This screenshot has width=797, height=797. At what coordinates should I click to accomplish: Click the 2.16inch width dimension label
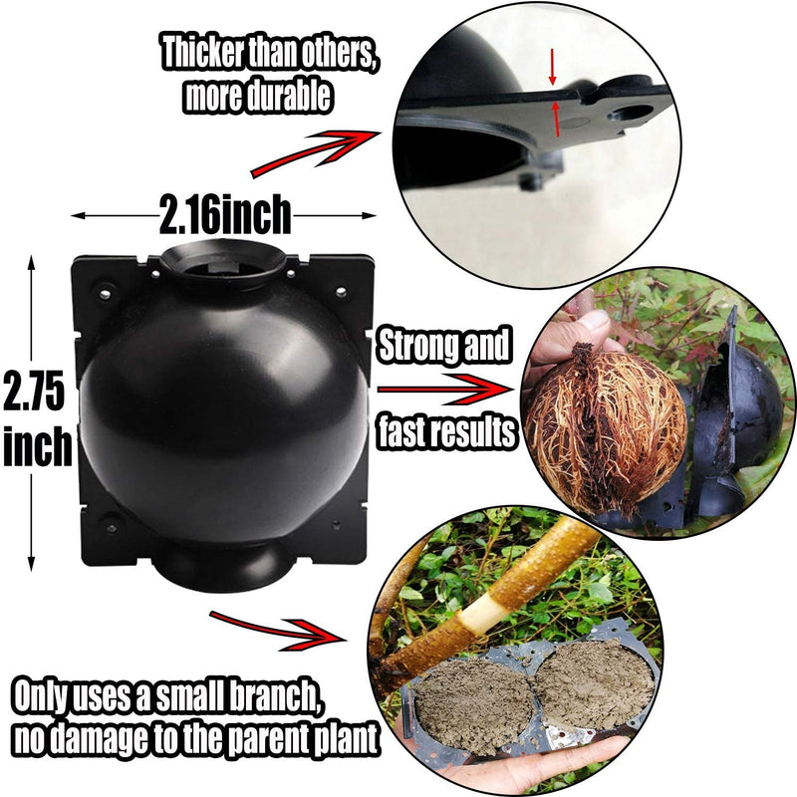point(225,215)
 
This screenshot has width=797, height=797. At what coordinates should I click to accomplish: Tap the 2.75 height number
point(35,391)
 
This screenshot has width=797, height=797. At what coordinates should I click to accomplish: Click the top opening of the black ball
point(222,261)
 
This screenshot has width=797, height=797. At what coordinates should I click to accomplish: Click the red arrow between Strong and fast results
point(443,390)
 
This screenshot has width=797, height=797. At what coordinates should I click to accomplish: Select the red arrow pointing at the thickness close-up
point(315,152)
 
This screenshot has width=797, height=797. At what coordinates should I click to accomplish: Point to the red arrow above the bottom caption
point(276,631)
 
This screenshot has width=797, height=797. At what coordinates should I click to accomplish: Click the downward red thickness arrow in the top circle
point(553,67)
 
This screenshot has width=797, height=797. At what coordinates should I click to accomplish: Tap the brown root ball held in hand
point(605,428)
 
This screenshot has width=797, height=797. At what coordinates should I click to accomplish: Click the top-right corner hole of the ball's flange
point(341,292)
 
